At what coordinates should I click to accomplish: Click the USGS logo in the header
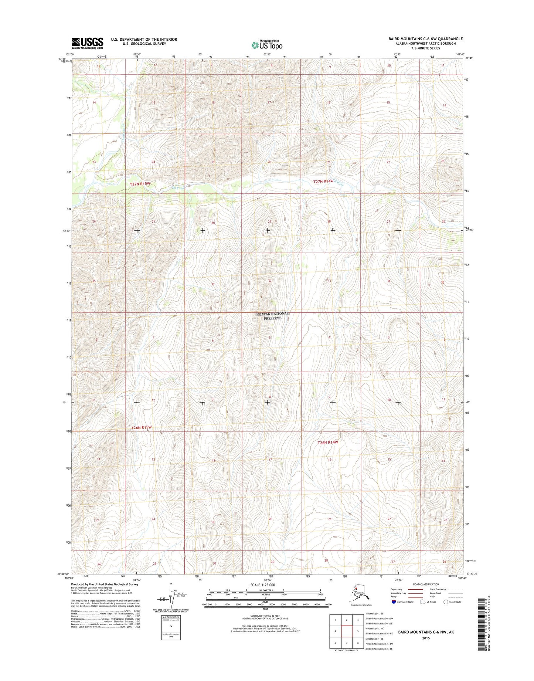(x=87, y=43)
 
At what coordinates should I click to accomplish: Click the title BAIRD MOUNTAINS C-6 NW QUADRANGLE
(x=425, y=39)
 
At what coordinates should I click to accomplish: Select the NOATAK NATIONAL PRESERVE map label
(x=273, y=316)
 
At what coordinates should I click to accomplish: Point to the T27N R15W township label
(x=140, y=184)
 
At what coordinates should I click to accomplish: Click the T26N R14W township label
(x=328, y=442)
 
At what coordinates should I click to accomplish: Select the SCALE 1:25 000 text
(x=262, y=585)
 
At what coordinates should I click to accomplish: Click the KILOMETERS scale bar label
(x=265, y=590)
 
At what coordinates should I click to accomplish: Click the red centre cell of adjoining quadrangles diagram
(x=347, y=631)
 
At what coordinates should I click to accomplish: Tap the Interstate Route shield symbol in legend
(x=394, y=602)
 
